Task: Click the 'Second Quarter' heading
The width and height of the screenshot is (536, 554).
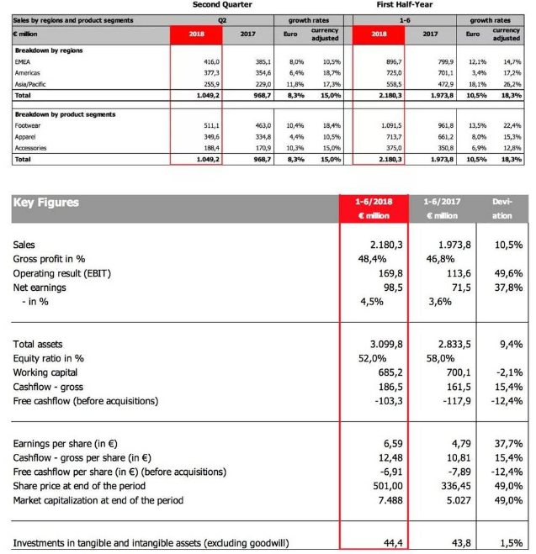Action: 222,5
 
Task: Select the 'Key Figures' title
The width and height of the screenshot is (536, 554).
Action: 46,203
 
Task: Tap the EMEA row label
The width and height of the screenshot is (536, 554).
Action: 23,62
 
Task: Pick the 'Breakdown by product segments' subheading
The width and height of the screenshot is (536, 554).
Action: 65,113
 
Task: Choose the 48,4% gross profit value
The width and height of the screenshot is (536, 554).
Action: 366,259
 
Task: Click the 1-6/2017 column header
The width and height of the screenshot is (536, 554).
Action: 442,202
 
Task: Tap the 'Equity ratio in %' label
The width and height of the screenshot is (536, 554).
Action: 55,357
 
